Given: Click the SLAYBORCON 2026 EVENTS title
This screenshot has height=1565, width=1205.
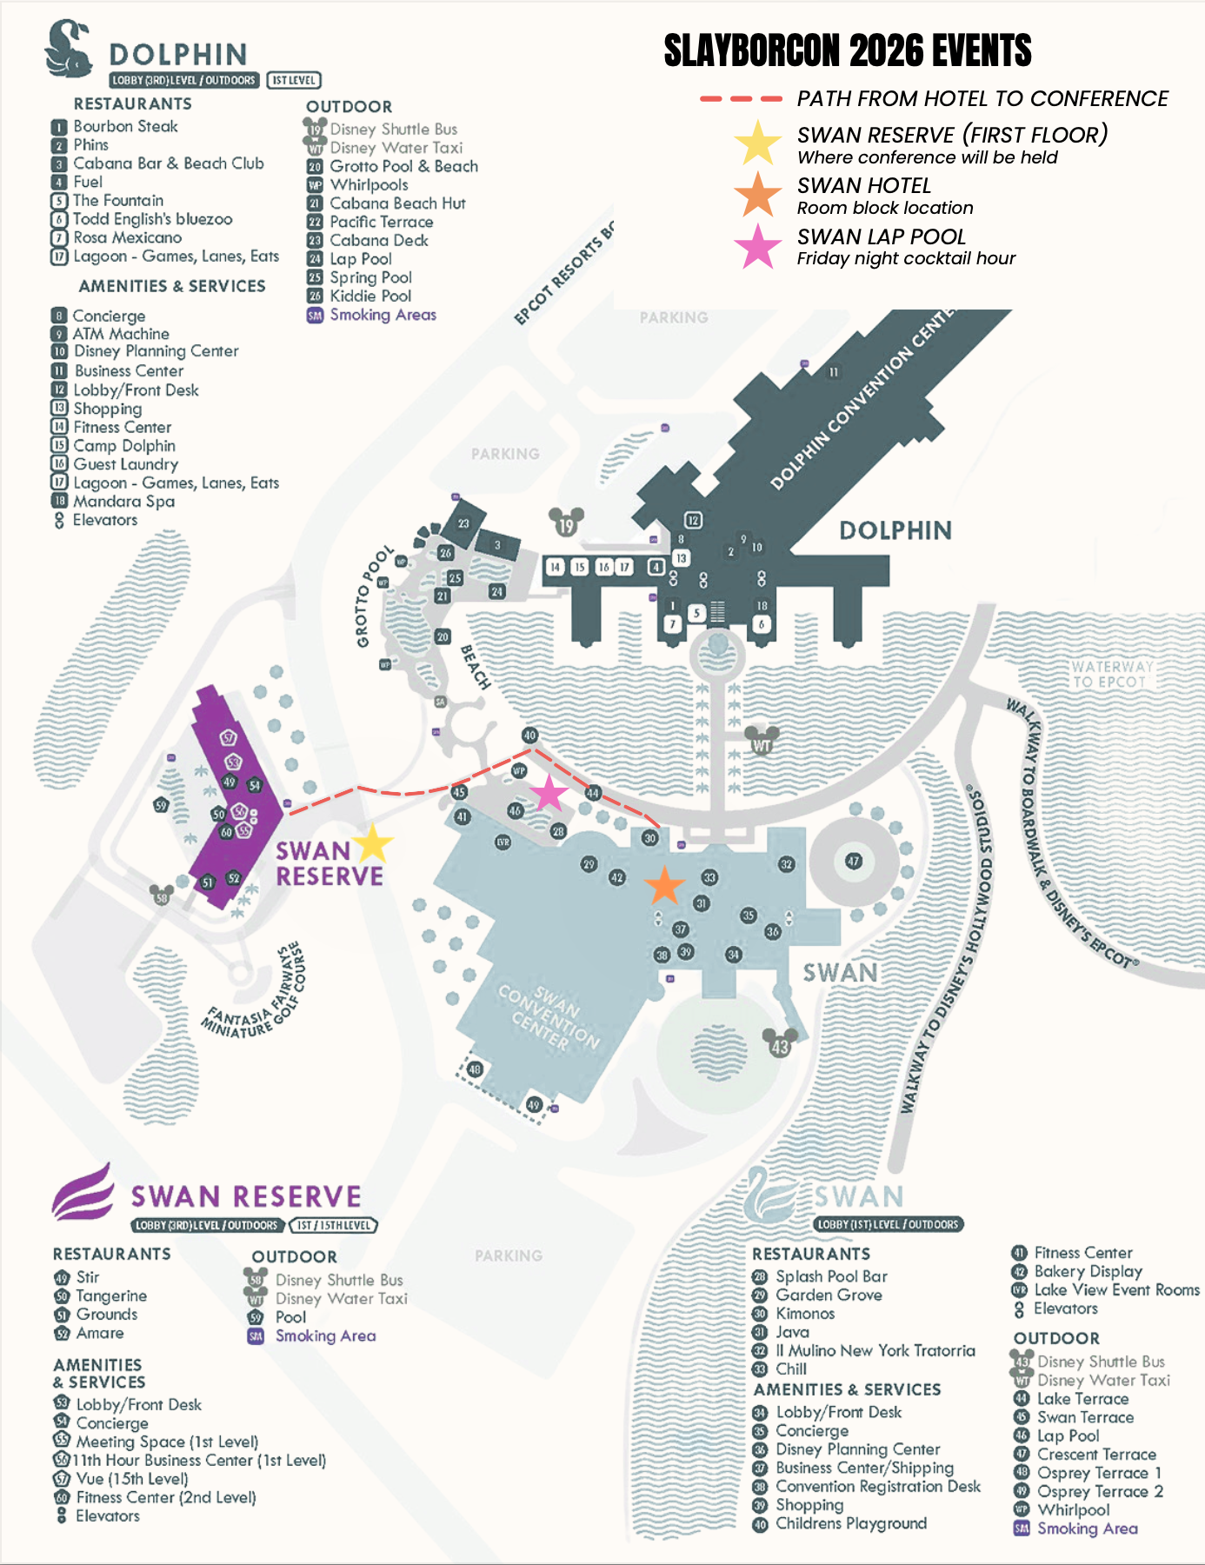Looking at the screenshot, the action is pos(847,50).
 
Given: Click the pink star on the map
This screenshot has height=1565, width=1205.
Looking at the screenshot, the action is pos(549,793).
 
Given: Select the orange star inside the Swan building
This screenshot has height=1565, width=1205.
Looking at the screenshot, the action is pos(664,885).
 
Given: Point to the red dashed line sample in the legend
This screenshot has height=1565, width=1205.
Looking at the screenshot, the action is pos(741,99).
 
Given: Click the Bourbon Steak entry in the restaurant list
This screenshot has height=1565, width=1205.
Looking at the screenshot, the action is pos(125,126).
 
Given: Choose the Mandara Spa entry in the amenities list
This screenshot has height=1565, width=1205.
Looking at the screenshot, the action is pos(123,502).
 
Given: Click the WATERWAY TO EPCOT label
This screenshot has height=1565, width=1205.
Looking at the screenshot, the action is pos(1112,674).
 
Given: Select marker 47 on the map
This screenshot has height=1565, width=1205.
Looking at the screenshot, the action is pos(854,861).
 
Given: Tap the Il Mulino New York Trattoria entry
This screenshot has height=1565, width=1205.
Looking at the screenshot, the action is pos(875,1350).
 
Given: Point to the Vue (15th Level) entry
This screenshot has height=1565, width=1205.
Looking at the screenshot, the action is pos(131,1479).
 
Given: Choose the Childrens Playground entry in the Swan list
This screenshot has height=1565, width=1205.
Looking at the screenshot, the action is pos(850,1523).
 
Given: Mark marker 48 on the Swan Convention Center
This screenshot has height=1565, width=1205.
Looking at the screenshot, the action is pos(475,1069).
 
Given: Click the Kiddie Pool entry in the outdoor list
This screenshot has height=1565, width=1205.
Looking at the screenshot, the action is pos(370,296).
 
